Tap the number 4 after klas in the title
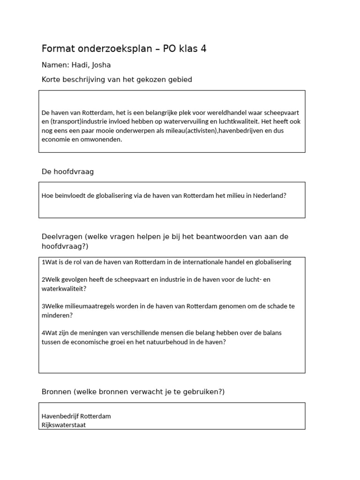pyautogui.click(x=203, y=48)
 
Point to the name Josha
pyautogui.click(x=101, y=65)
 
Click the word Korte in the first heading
pyautogui.click(x=52, y=80)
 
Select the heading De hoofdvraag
pyautogui.click(x=67, y=172)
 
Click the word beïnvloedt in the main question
pyautogui.click(x=71, y=195)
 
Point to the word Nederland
pyautogui.click(x=269, y=195)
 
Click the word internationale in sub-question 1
pyautogui.click(x=205, y=262)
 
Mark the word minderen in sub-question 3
pyautogui.click(x=56, y=315)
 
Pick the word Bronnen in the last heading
pyautogui.click(x=56, y=391)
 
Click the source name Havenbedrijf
pyautogui.click(x=60, y=416)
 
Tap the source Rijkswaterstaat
pyautogui.click(x=64, y=425)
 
